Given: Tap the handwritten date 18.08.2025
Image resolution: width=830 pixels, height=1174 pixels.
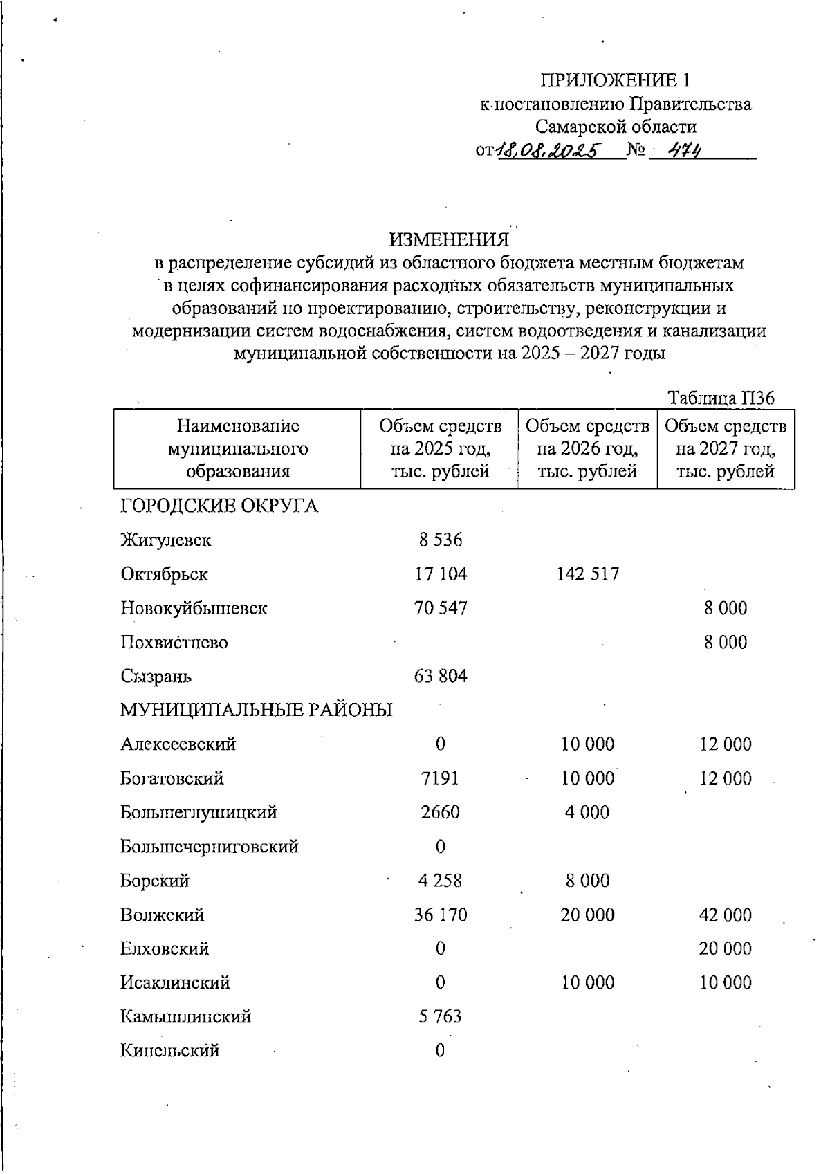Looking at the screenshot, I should [548, 150].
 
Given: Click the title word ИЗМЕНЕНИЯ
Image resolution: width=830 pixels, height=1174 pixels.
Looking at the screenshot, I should [449, 239].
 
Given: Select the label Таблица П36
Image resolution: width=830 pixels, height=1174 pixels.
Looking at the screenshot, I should [720, 398].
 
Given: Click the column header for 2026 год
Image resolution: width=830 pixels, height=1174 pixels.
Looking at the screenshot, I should [587, 449].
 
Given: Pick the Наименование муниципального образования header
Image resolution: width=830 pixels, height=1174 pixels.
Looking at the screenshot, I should [237, 449].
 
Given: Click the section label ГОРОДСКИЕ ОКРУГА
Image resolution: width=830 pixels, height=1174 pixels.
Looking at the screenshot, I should [219, 506].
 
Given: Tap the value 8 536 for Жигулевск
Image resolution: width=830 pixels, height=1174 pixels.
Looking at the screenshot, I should [440, 540].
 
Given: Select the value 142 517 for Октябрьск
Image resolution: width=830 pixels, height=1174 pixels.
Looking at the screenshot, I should [587, 574].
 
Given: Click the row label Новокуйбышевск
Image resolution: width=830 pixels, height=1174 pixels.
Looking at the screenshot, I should [194, 608].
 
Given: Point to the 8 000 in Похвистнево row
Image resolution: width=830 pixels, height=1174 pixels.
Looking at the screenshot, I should [725, 642].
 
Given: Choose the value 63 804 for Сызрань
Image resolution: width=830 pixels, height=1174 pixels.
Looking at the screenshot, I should [440, 676].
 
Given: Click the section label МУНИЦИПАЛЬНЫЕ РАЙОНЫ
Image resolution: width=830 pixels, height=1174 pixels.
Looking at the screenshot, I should [256, 710].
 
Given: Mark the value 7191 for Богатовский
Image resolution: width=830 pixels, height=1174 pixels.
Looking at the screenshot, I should [440, 778].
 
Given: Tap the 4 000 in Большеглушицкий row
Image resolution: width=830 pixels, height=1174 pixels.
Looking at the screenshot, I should [587, 812].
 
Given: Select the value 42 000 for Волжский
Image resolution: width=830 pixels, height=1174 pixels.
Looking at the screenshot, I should [725, 915].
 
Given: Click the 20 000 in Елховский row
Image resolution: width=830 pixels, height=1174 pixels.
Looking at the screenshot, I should [725, 949].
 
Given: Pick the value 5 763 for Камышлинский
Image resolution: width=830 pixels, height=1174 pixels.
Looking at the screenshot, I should [440, 1017].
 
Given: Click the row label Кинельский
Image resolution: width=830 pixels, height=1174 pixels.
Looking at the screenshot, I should [170, 1051].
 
